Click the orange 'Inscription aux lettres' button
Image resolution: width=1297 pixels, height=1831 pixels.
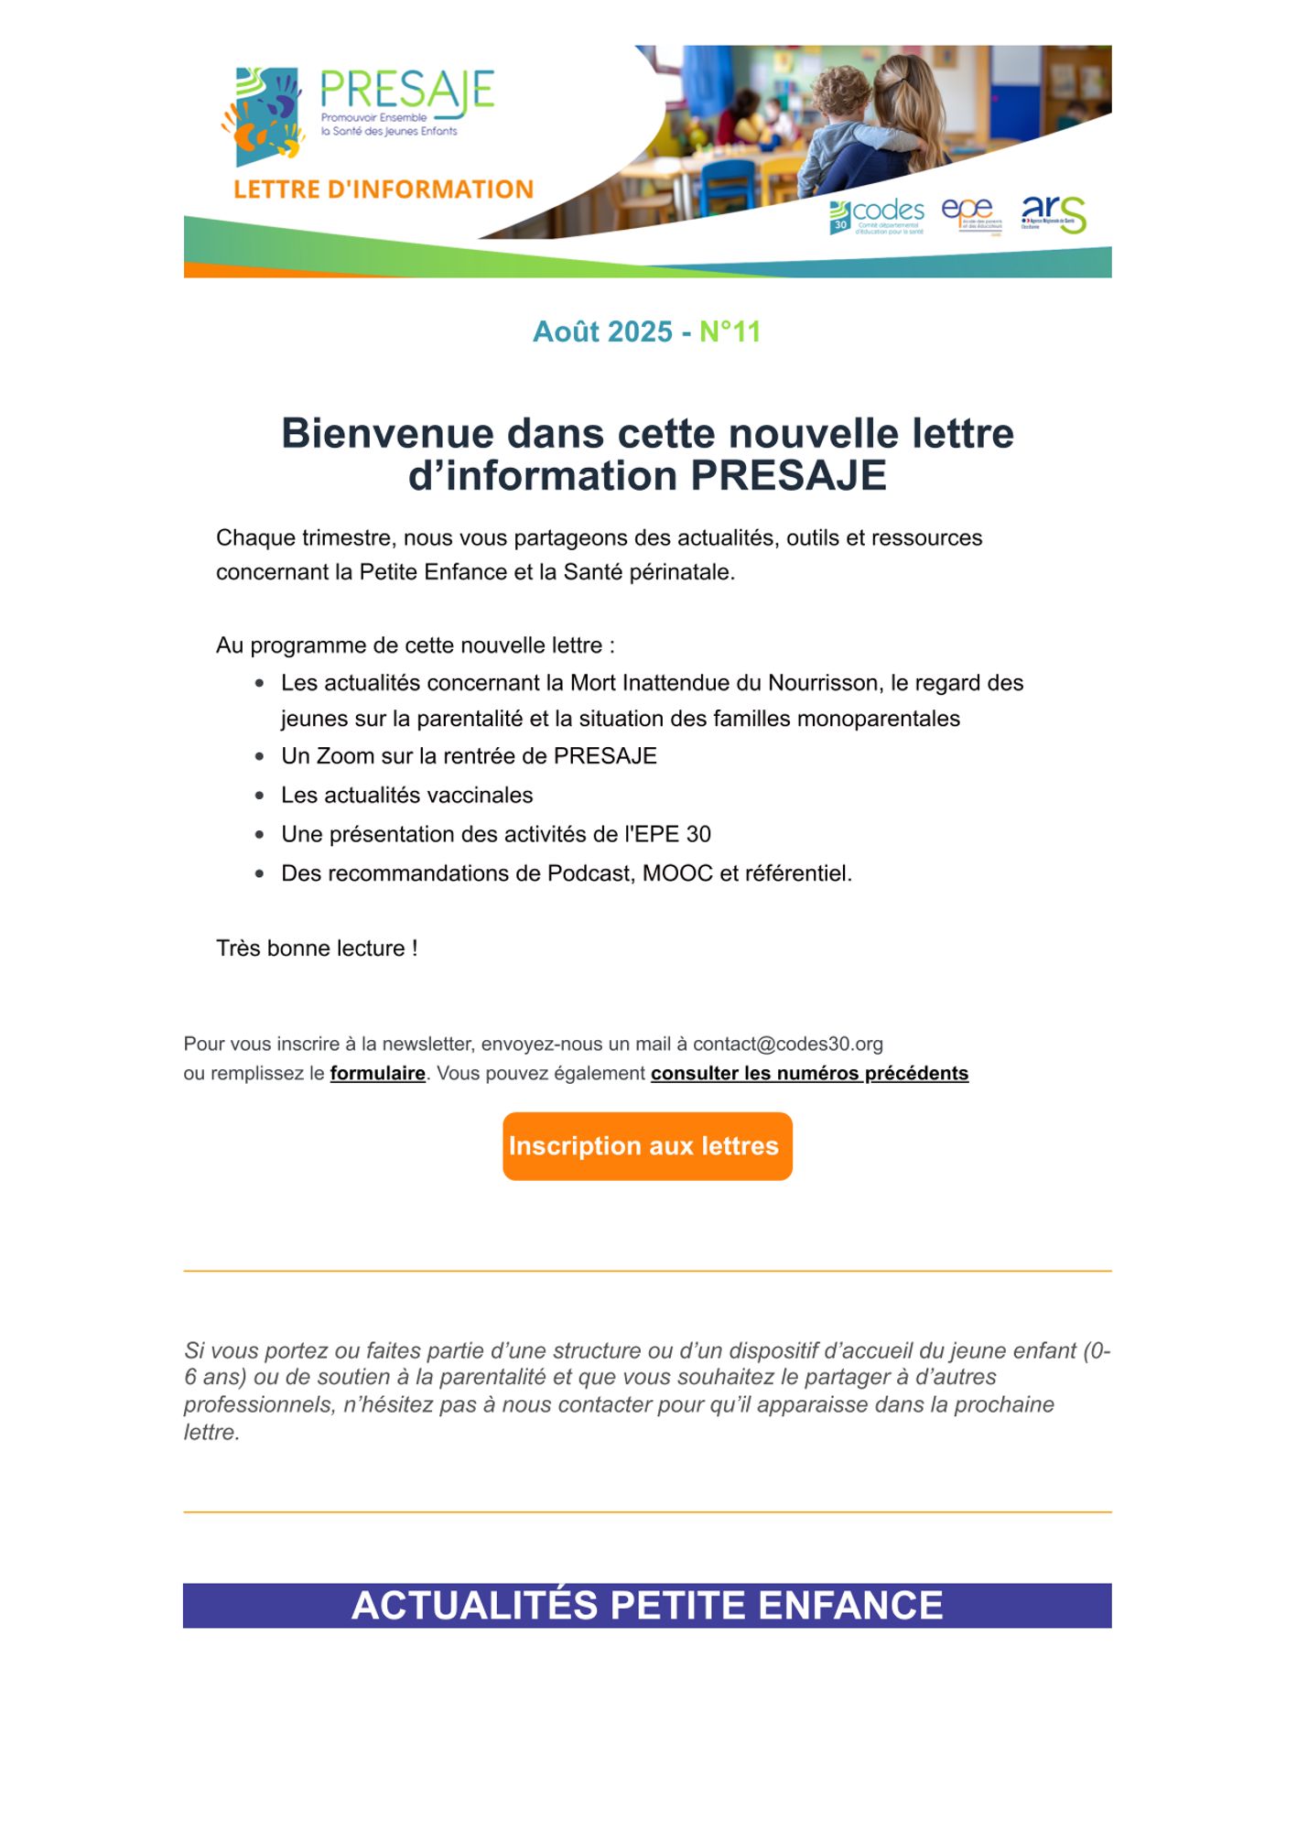click(x=647, y=1146)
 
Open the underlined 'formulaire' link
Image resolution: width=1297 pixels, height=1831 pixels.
click(x=377, y=1073)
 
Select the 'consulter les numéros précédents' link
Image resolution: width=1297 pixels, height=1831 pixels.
click(x=809, y=1073)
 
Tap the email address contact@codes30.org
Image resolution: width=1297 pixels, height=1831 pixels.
click(x=787, y=1044)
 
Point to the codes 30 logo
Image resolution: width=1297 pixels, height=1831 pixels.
click(x=877, y=216)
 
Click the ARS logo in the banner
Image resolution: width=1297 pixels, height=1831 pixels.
click(x=1054, y=214)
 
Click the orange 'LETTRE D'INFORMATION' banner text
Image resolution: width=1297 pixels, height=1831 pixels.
click(x=384, y=190)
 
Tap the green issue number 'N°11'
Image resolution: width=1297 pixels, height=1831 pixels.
click(x=730, y=331)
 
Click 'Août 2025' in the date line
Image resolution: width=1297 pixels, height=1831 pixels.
click(x=602, y=331)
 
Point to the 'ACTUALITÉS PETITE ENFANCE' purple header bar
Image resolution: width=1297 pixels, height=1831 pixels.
click(x=647, y=1606)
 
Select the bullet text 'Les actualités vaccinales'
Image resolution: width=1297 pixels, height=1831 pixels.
click(x=406, y=795)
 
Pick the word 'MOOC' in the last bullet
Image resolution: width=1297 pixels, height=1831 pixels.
click(x=676, y=873)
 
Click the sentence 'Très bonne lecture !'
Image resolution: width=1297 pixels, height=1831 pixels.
click(x=317, y=948)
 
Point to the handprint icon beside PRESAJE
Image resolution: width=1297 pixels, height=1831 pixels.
click(x=264, y=115)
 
